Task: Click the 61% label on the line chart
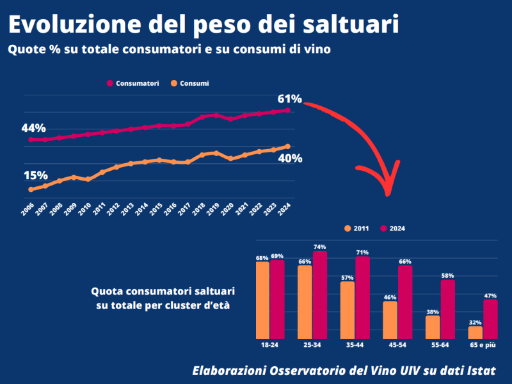click(x=289, y=99)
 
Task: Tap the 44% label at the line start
click(x=33, y=128)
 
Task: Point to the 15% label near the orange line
click(x=36, y=175)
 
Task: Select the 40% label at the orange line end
click(x=290, y=159)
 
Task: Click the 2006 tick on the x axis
click(x=28, y=209)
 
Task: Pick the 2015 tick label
click(x=157, y=209)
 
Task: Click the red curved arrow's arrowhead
click(x=387, y=188)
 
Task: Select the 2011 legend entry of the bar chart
click(x=357, y=228)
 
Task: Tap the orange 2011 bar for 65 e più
click(x=475, y=332)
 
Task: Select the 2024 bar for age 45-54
click(x=404, y=301)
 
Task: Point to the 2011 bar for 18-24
click(x=262, y=300)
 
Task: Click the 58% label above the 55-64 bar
click(x=447, y=275)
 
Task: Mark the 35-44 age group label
click(x=354, y=345)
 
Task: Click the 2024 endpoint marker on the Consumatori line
click(x=288, y=110)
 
